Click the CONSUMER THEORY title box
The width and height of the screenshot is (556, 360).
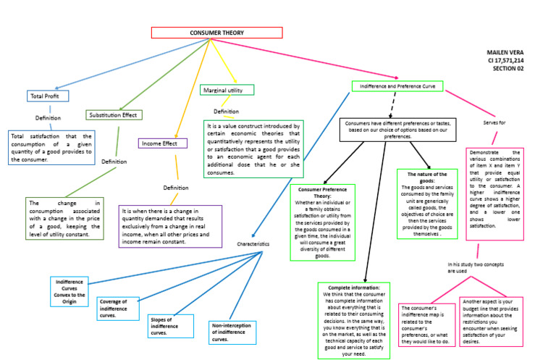(x=216, y=33)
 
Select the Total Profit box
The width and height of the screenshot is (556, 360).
(x=45, y=96)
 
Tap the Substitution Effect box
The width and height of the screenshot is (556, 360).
(x=114, y=114)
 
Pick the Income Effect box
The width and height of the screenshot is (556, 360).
(x=159, y=143)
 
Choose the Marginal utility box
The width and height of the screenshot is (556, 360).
(x=227, y=90)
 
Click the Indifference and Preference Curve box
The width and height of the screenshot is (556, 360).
(x=397, y=86)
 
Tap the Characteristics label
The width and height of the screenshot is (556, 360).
(x=253, y=244)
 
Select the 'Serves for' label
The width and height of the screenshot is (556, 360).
(x=494, y=123)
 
